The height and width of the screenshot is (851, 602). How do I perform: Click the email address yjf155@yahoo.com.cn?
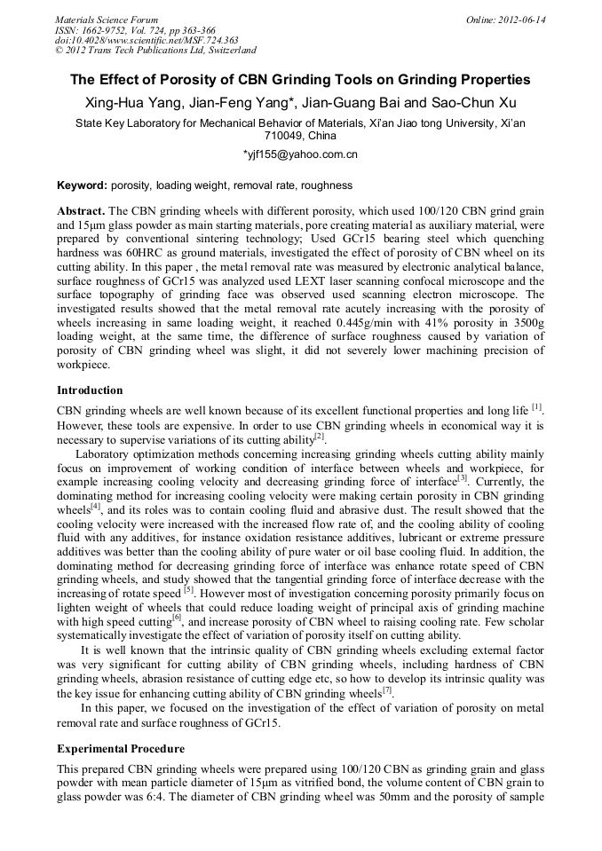pyautogui.click(x=300, y=154)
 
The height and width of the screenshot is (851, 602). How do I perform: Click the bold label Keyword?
pyautogui.click(x=82, y=185)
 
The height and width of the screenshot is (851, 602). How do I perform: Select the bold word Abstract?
pyautogui.click(x=81, y=212)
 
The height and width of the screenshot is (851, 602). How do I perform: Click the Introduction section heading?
pyautogui.click(x=90, y=390)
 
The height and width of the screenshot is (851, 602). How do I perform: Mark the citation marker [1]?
pyautogui.click(x=536, y=407)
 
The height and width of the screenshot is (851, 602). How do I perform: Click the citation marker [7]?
pyautogui.click(x=387, y=690)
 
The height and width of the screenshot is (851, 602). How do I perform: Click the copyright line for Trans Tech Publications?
pyautogui.click(x=155, y=51)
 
